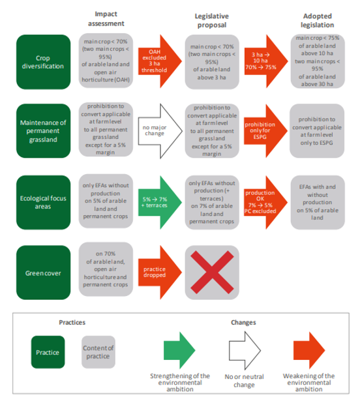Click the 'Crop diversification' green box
(x=43, y=62)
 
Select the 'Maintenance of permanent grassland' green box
(x=43, y=130)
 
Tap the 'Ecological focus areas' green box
(x=43, y=202)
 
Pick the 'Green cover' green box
(x=43, y=273)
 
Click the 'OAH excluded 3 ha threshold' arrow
(x=160, y=61)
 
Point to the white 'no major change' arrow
(x=160, y=131)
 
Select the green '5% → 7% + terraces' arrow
(x=160, y=202)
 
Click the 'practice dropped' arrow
(x=160, y=273)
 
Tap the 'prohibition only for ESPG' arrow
(x=265, y=131)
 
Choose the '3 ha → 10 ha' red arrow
(x=266, y=61)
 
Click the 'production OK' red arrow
(x=265, y=202)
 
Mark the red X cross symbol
(x=212, y=273)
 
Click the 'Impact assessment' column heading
(x=106, y=19)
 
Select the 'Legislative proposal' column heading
(x=212, y=20)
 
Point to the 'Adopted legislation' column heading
(x=317, y=20)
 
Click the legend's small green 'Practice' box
(x=48, y=352)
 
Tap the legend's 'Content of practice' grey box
(x=98, y=352)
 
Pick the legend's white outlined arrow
(x=245, y=351)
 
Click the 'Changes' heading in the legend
(x=243, y=323)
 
